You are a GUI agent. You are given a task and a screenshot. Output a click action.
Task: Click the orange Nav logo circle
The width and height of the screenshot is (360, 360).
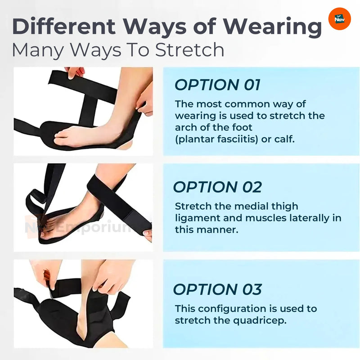[340, 19]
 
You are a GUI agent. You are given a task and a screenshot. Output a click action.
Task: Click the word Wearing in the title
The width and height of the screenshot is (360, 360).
[273, 27]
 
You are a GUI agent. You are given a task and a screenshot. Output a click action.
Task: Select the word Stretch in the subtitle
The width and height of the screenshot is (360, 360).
[189, 49]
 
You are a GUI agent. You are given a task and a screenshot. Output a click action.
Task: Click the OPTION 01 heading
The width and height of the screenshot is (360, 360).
[217, 85]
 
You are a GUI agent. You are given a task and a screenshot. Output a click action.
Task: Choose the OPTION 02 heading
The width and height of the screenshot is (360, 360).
[217, 187]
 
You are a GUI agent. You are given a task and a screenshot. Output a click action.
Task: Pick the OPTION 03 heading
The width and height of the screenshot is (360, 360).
[217, 289]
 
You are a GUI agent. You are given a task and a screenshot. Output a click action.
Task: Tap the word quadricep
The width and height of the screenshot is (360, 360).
[260, 321]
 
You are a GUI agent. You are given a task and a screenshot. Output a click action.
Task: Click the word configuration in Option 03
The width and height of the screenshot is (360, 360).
[232, 309]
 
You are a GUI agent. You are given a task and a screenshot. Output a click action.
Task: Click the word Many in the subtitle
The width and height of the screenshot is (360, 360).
[38, 50]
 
